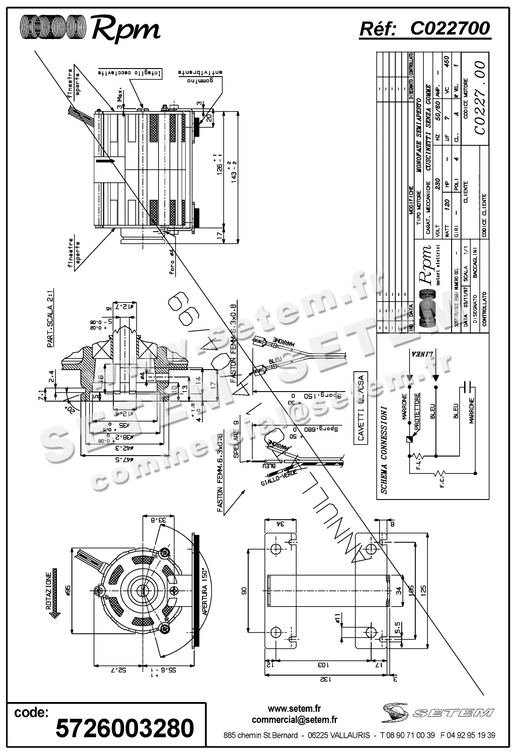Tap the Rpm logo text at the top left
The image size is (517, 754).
pyautogui.click(x=125, y=30)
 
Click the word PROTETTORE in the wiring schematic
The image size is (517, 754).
pyautogui.click(x=417, y=412)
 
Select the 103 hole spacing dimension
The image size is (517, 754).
pyautogui.click(x=324, y=665)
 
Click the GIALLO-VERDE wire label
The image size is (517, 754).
pyautogui.click(x=277, y=478)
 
